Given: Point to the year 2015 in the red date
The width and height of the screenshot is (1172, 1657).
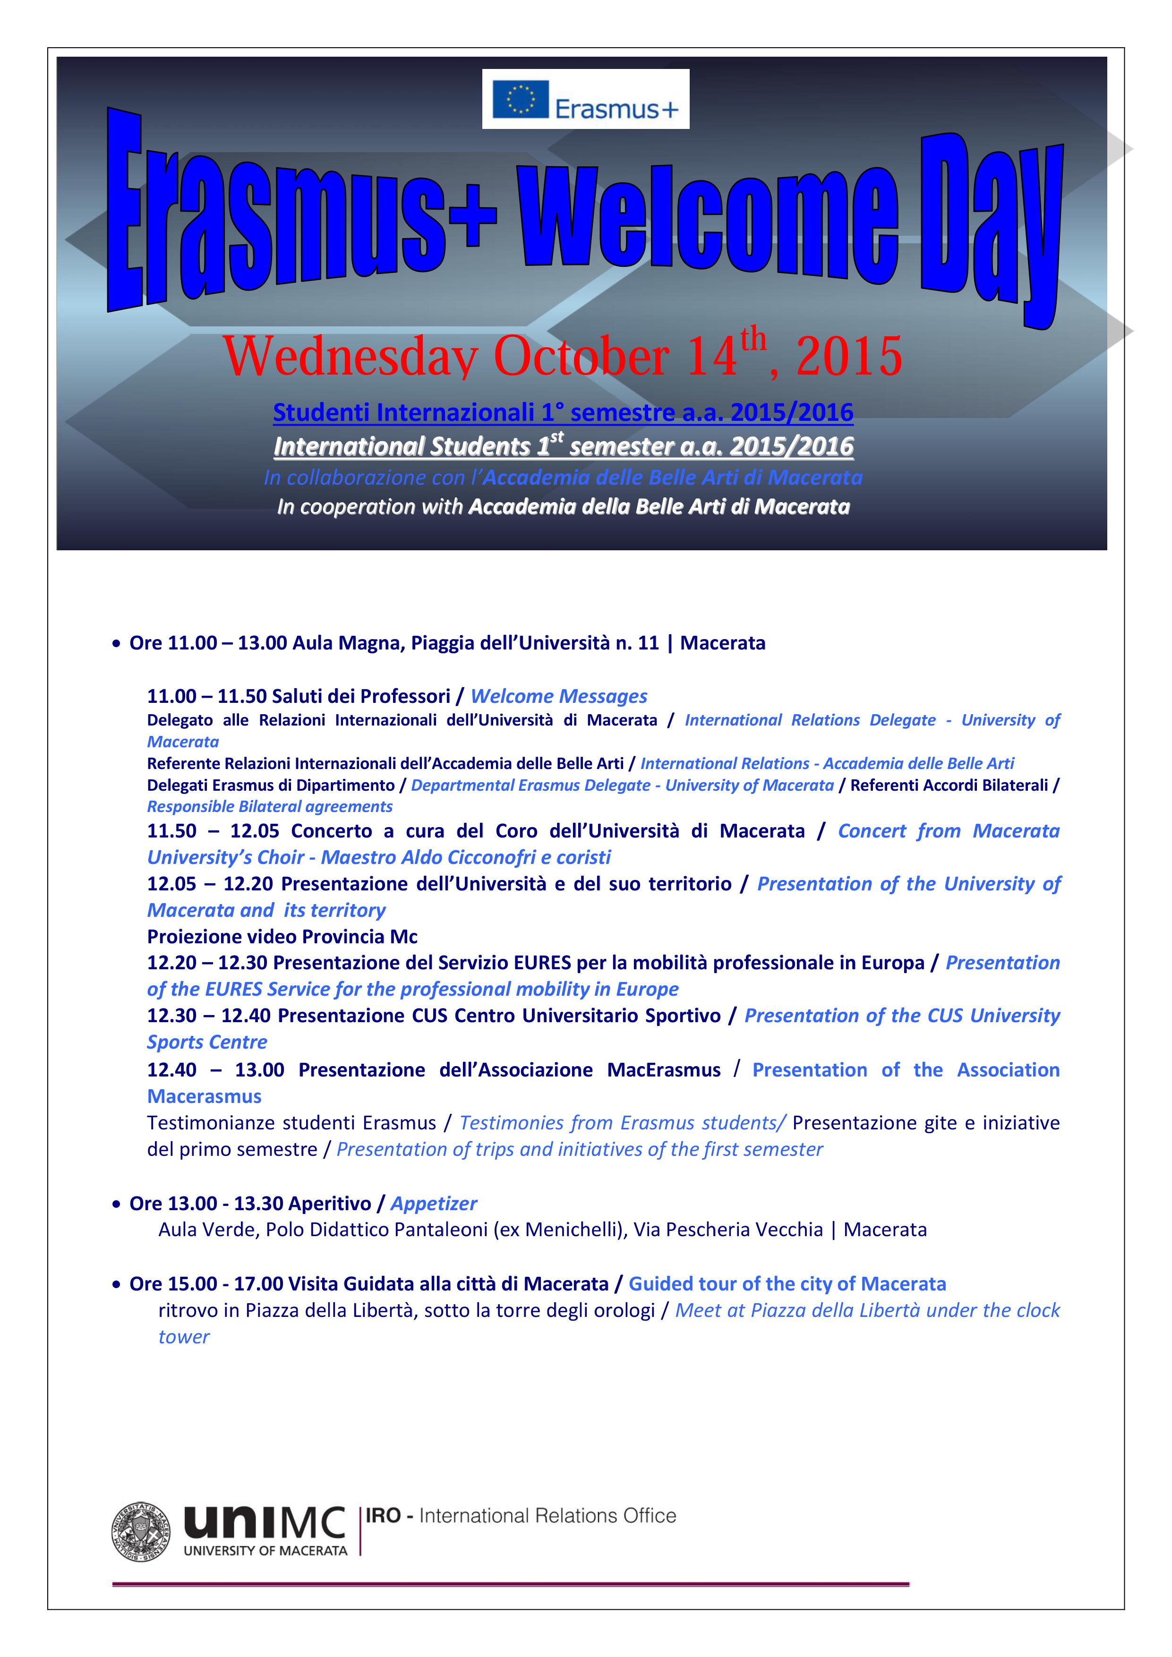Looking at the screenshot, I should (x=849, y=356).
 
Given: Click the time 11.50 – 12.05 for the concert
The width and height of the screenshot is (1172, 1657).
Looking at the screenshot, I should (x=213, y=831).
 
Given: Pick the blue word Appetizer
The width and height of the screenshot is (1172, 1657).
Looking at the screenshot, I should (x=434, y=1204).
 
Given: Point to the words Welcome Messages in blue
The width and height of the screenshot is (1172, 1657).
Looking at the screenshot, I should (x=558, y=696).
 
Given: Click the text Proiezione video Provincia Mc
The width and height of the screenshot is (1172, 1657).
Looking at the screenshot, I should (x=282, y=937).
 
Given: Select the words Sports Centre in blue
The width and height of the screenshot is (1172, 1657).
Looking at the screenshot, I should (x=207, y=1042).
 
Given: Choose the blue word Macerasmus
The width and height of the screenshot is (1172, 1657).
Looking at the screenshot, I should (x=204, y=1096).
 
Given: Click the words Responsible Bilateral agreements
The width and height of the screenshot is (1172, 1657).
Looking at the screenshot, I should (x=270, y=807).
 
